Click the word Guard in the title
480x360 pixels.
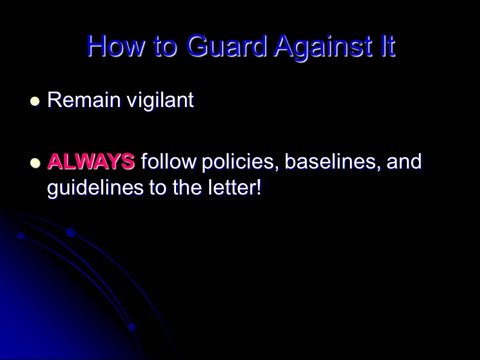tap(226, 46)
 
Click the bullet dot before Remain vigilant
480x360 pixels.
tap(35, 101)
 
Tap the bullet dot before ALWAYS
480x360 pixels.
tap(35, 163)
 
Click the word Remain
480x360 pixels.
tap(84, 100)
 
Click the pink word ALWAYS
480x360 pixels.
tap(91, 161)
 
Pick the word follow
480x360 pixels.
tap(168, 161)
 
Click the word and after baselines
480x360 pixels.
tap(404, 161)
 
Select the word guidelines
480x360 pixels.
tap(95, 187)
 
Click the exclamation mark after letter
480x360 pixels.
tap(258, 187)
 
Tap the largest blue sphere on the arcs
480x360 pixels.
tap(71, 232)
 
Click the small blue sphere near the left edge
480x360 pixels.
tap(21, 235)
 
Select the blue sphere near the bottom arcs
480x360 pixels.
tap(131, 327)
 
